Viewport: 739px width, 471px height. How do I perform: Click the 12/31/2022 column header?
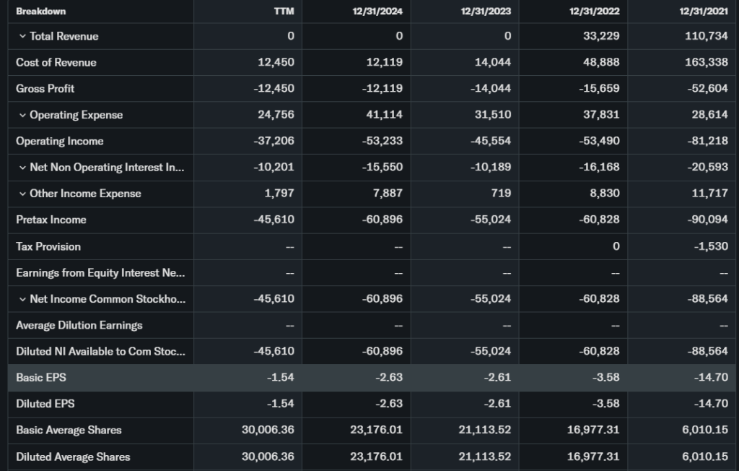[594, 12]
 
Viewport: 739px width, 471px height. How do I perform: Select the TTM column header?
[284, 12]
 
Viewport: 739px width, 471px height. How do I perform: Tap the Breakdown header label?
[41, 12]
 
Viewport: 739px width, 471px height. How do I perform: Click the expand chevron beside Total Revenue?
[22, 36]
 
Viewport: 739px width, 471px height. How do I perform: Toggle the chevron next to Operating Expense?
[22, 115]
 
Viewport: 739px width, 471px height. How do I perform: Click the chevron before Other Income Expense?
[22, 194]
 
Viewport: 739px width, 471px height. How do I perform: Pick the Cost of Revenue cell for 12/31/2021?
[707, 62]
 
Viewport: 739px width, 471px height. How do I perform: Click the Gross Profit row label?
[45, 89]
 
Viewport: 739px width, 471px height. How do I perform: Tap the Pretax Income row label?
[51, 220]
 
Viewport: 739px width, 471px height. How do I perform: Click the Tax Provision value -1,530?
[710, 246]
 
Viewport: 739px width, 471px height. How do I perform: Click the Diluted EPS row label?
[45, 404]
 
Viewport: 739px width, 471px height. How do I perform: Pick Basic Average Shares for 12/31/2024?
[377, 430]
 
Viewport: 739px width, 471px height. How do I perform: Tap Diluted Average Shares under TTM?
[268, 457]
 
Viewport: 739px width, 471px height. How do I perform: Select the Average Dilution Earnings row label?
[79, 325]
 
